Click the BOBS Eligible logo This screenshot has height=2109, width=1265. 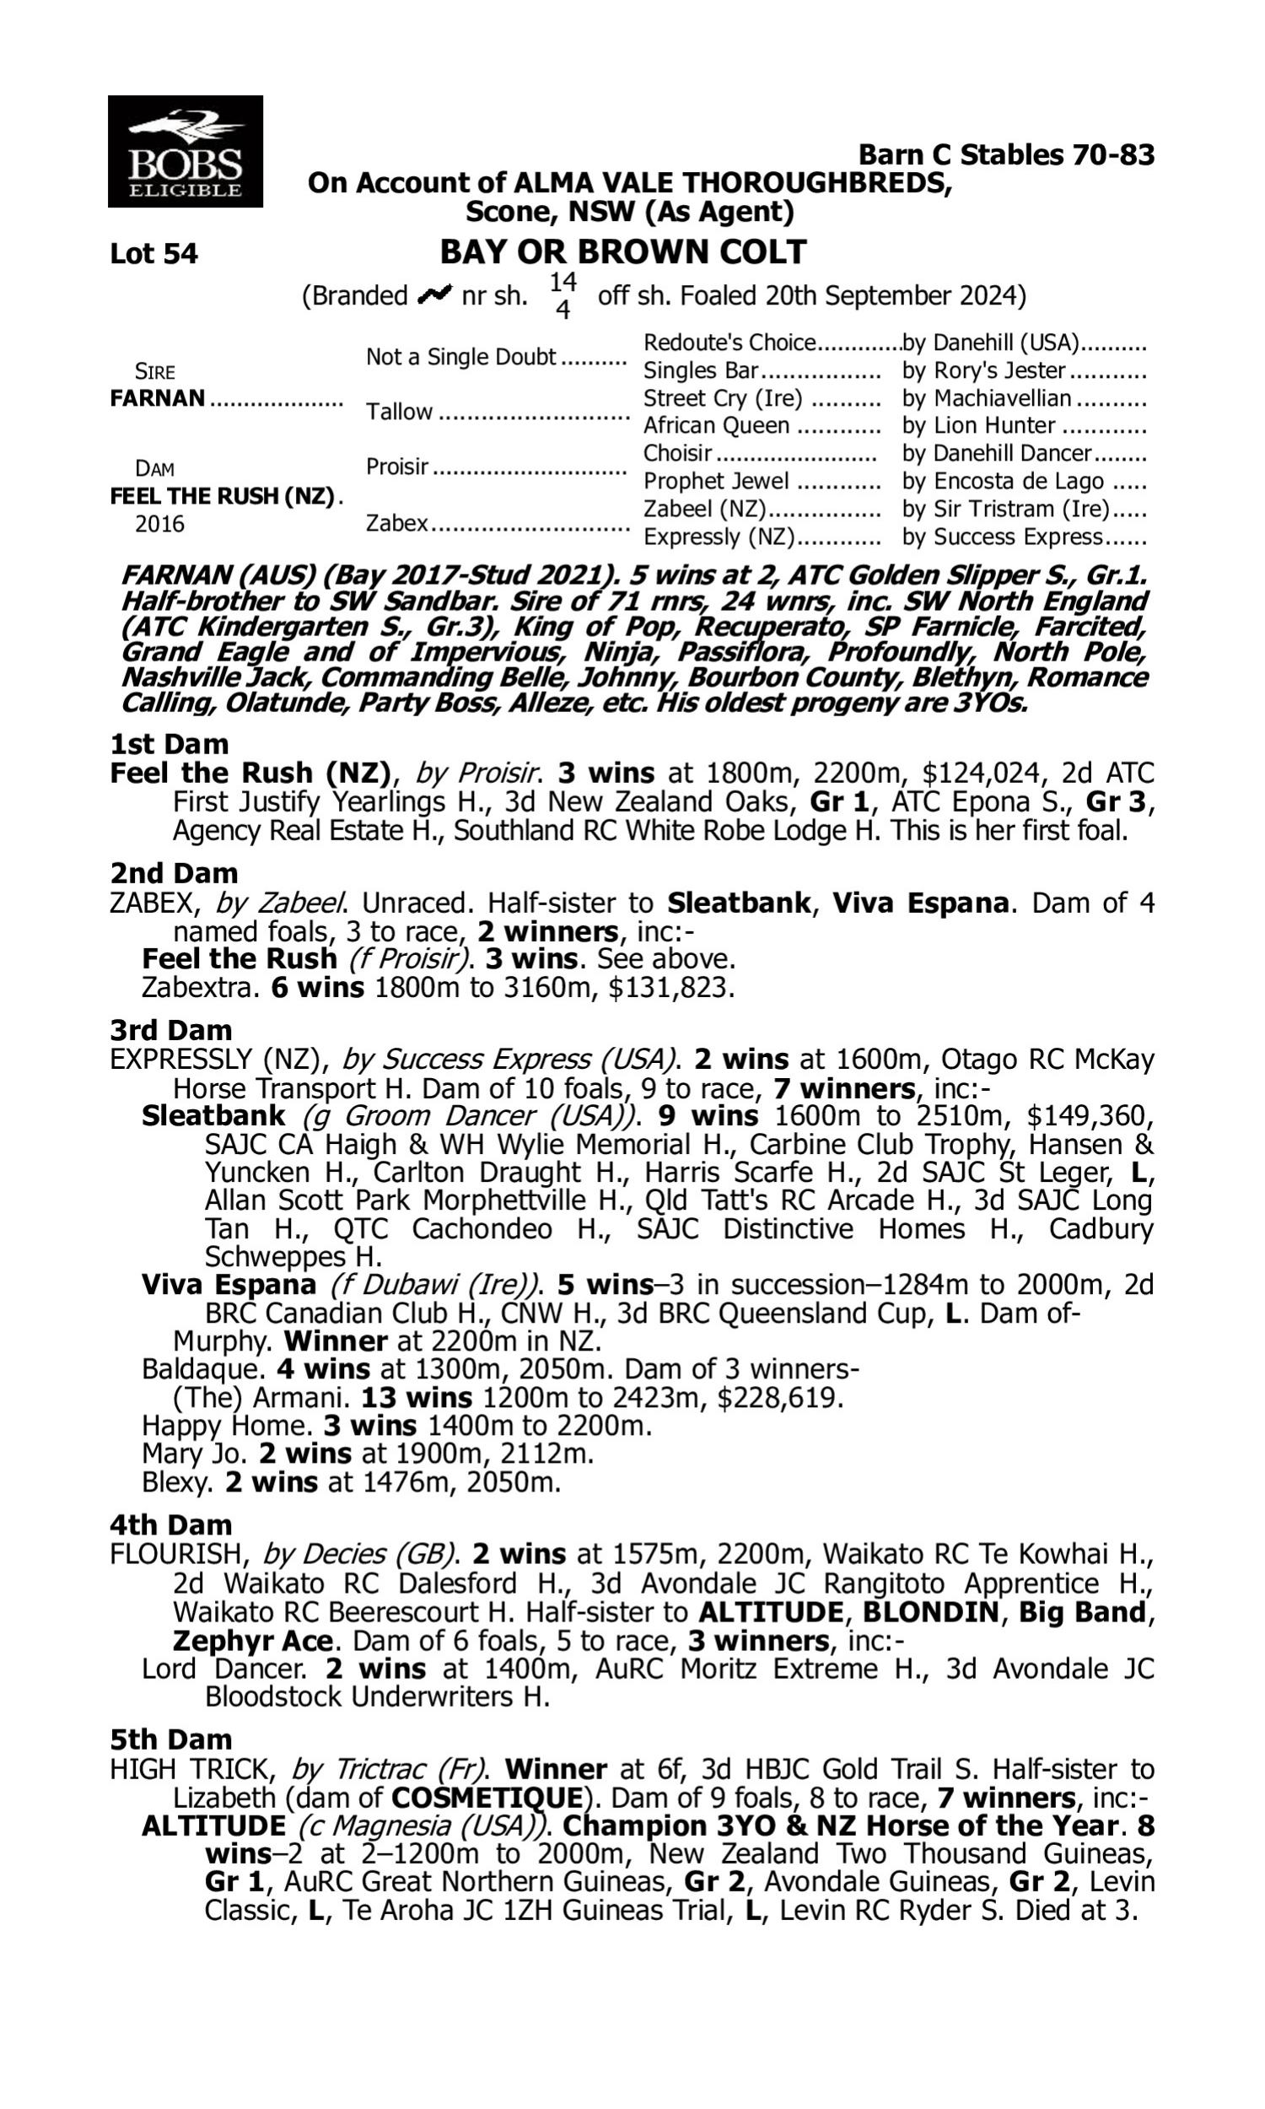(185, 152)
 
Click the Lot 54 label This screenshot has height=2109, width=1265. (153, 254)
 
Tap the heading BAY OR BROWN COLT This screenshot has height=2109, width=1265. (622, 252)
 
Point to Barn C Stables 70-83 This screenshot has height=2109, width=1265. (1006, 154)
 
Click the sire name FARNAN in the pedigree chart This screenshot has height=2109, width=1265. (158, 398)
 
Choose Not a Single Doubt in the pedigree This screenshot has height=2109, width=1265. (460, 357)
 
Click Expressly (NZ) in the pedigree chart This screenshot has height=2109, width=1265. (719, 537)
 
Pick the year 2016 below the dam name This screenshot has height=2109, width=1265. (159, 523)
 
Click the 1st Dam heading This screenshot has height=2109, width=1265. (170, 744)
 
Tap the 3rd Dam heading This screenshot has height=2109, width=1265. (170, 1031)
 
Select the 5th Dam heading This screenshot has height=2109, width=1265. (170, 1739)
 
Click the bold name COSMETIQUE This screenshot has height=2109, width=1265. (486, 1798)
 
